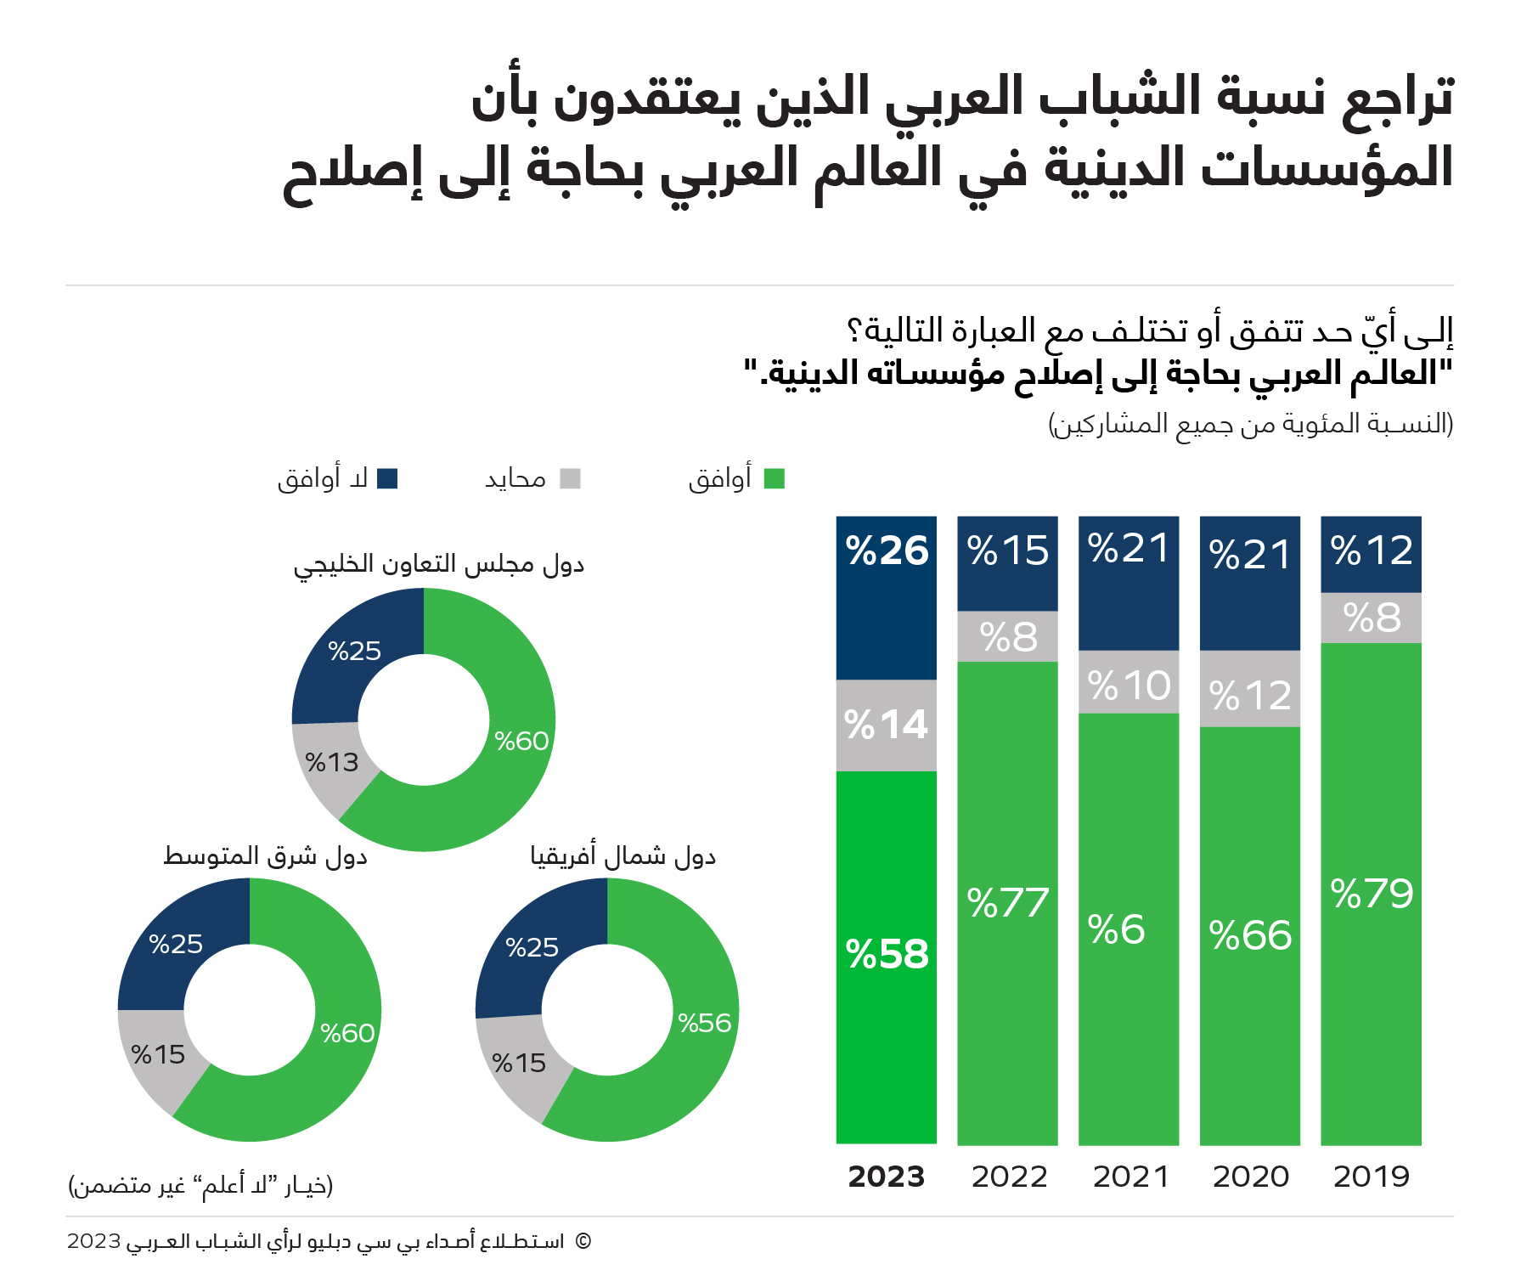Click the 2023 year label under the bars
click(886, 1177)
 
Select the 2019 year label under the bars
click(1371, 1177)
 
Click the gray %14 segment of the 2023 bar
click(886, 725)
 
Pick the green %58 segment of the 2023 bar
click(886, 956)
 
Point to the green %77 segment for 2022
click(1007, 903)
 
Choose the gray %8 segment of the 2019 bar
click(1371, 618)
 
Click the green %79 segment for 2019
click(1371, 894)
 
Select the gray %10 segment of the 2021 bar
click(1129, 684)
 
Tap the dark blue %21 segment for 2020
click(1249, 583)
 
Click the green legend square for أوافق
click(774, 479)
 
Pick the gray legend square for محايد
click(570, 479)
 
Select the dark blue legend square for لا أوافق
click(387, 479)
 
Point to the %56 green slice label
click(704, 1023)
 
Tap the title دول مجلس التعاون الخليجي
click(439, 565)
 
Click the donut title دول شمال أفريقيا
click(623, 856)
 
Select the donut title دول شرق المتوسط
click(265, 856)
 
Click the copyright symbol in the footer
click(583, 1241)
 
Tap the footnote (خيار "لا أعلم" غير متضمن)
click(200, 1185)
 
